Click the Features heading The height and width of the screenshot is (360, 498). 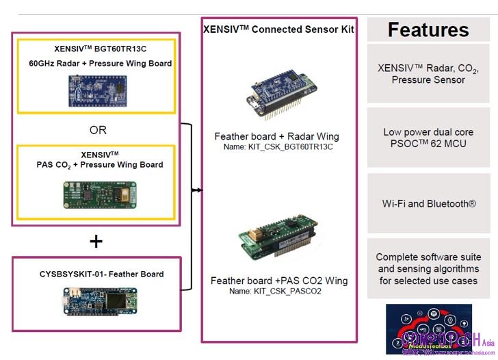pos(428,30)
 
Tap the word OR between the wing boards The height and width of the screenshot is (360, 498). pos(98,130)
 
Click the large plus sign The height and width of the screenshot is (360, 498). pos(96,241)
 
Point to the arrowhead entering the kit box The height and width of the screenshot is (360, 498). pos(198,190)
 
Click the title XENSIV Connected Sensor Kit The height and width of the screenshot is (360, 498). pos(278,29)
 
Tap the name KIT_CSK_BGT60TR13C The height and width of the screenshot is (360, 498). pos(276,147)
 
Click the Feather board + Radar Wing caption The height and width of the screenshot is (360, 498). pos(276,136)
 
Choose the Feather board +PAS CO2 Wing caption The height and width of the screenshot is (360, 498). pos(278,281)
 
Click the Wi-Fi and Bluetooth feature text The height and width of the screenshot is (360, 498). pos(428,203)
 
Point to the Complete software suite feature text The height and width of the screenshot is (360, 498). pos(428,269)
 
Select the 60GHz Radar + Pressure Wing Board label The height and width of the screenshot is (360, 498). pos(100,64)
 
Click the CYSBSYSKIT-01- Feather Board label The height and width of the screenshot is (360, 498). pos(101,274)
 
